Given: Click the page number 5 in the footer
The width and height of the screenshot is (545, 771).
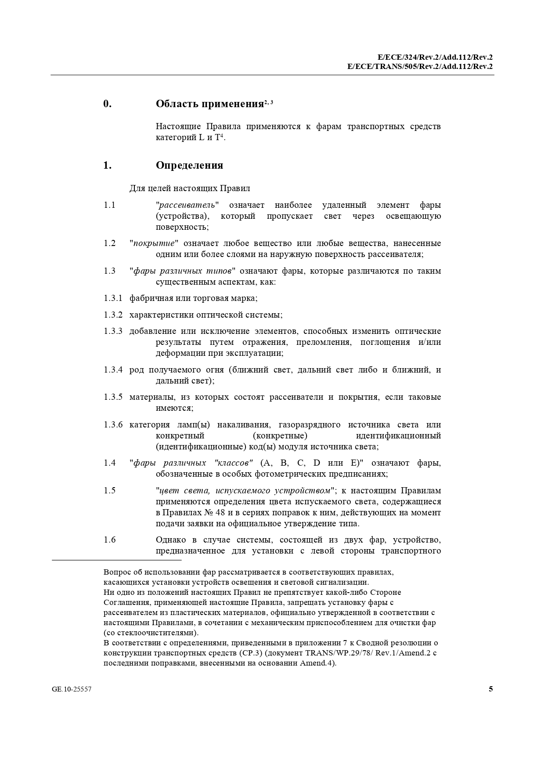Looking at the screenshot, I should pos(491,689).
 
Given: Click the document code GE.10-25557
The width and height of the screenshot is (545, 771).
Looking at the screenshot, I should pos(72,689).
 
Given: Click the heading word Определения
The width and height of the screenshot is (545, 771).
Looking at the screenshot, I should pos(189,165).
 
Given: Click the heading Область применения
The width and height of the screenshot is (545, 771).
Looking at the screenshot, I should pos(209,104).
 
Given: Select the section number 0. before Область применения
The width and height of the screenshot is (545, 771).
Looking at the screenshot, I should pos(107,104).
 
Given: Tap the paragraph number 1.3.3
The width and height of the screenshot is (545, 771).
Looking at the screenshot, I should pos(113,331).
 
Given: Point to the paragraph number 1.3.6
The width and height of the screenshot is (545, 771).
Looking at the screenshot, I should pos(113,425).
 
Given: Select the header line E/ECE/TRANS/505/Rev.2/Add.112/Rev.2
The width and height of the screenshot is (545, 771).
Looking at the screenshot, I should pos(419,66).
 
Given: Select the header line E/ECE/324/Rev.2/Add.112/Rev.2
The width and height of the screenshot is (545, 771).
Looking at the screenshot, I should pos(435,57).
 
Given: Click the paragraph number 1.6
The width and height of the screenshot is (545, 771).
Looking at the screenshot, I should pos(109,540).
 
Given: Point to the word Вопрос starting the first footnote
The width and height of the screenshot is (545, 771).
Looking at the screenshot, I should pos(117,572).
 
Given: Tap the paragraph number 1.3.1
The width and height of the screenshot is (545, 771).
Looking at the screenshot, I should pos(113,298).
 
